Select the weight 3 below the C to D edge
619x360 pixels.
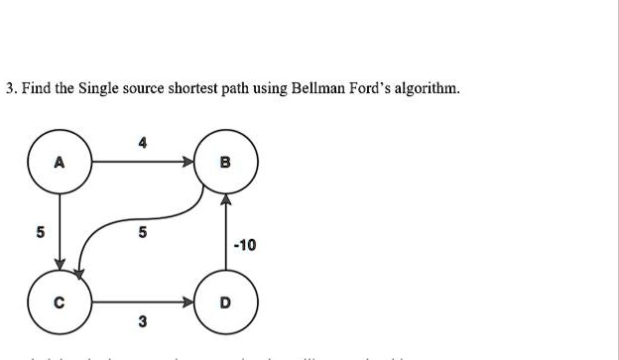[143, 321]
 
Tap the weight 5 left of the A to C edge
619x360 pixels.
[41, 234]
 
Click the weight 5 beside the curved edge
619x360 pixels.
[143, 234]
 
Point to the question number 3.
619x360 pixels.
[9, 88]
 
